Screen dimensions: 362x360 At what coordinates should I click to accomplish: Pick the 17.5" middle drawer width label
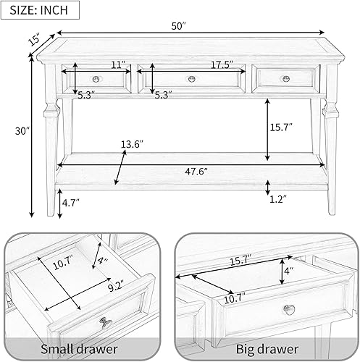pos(222,65)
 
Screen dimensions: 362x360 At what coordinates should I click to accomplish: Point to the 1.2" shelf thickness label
pos(277,198)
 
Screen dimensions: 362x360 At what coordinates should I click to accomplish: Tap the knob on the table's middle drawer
pos(192,79)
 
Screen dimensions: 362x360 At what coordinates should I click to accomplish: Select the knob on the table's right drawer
pos(285,79)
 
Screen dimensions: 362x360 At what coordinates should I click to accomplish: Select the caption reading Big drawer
pos(268,350)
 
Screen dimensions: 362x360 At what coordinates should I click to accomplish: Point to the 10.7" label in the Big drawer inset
pos(233,297)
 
